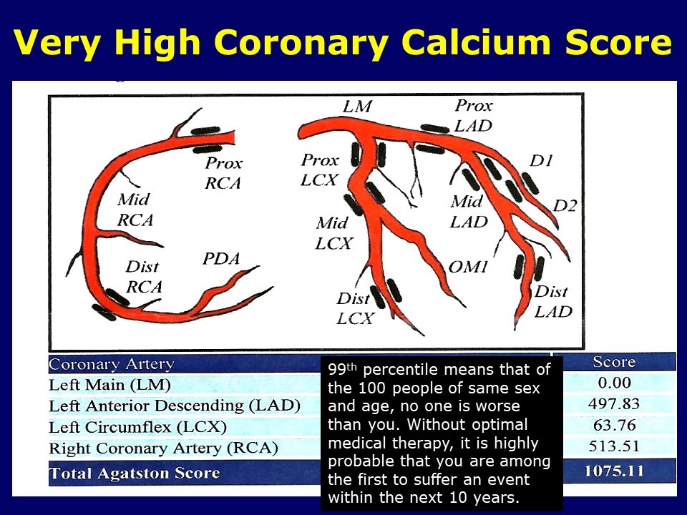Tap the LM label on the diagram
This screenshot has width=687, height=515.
[356, 107]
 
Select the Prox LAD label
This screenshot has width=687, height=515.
[474, 115]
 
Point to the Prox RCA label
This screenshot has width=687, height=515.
[223, 173]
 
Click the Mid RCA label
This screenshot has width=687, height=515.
[135, 210]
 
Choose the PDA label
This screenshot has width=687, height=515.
[220, 259]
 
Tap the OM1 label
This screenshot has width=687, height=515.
[468, 267]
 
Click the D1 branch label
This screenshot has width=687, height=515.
[541, 161]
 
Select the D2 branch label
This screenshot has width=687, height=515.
[565, 206]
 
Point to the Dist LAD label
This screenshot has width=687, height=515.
[553, 301]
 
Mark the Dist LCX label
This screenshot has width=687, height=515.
[355, 308]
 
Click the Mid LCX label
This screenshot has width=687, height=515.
[333, 233]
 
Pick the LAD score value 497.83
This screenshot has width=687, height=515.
[613, 403]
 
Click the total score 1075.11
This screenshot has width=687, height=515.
[613, 471]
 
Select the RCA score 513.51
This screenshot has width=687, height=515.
[613, 448]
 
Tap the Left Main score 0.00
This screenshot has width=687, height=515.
[613, 383]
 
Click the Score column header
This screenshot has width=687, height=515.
[613, 362]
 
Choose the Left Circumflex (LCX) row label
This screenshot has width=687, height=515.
[137, 427]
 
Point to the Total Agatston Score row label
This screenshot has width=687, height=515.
[135, 473]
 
